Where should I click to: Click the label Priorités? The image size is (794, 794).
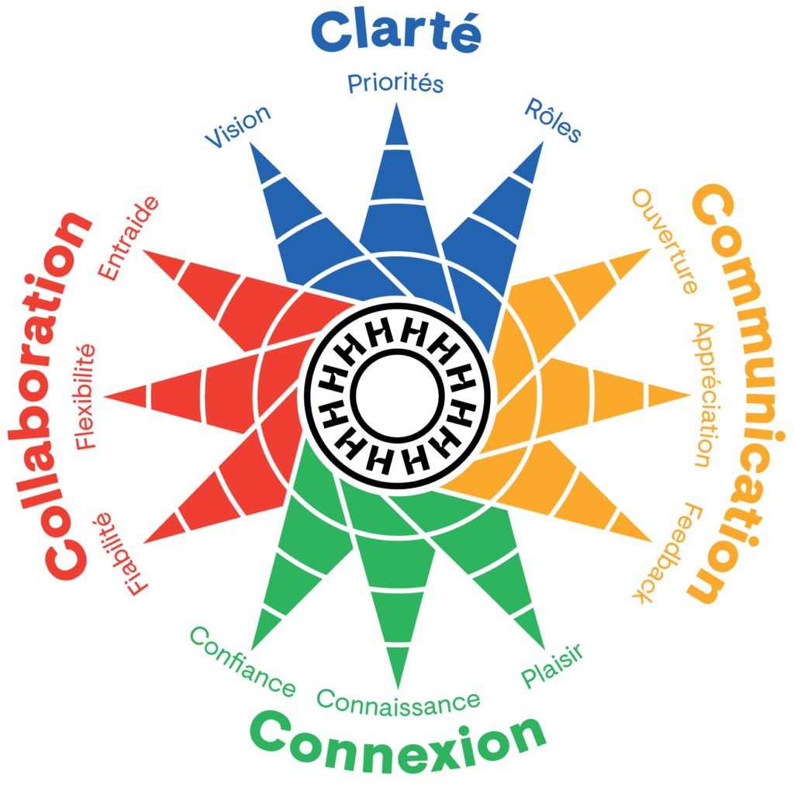pos(395,82)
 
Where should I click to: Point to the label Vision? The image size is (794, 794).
pos(237,126)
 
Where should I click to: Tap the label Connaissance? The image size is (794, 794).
pos(398,700)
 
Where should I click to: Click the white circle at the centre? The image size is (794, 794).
pos(396,396)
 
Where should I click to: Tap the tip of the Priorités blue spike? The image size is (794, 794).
pos(397,102)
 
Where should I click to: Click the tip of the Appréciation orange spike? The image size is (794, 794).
pos(690,395)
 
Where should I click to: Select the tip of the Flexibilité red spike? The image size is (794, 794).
pos(104,396)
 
